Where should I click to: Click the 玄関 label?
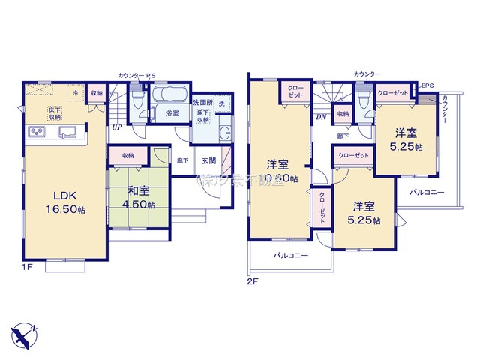point(208,160)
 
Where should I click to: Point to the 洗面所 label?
point(203,102)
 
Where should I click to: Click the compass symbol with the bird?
point(24,332)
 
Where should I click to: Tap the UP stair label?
point(117,127)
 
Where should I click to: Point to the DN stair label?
point(320,117)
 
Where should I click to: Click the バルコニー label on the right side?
point(427,193)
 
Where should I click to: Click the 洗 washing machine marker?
point(220,103)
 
